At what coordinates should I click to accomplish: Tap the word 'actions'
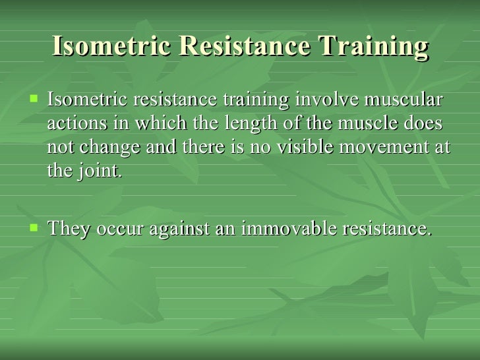pyautogui.click(x=73, y=124)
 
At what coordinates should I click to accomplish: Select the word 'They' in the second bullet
pyautogui.click(x=71, y=229)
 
